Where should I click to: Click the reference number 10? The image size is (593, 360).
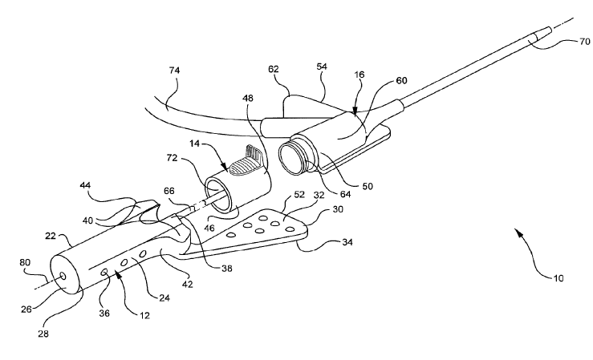tap(558, 278)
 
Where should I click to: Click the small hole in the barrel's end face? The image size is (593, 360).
tap(63, 275)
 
